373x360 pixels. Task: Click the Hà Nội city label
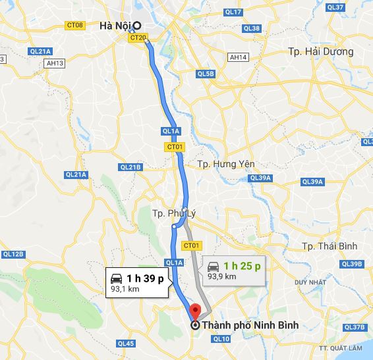tap(114, 26)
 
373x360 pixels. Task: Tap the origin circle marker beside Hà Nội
tap(136, 26)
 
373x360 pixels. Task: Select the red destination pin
tap(194, 310)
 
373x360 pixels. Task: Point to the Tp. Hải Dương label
tap(320, 51)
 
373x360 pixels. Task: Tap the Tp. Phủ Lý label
tap(174, 213)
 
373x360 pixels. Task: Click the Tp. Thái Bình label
tap(329, 246)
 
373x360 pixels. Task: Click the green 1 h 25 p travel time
tap(242, 265)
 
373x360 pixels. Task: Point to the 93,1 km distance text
tap(126, 288)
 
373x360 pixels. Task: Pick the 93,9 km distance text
tap(222, 276)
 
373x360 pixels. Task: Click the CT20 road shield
tap(138, 38)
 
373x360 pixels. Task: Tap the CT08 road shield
tap(75, 25)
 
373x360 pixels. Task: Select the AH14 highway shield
tap(238, 57)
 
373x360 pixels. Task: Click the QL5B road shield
tap(206, 73)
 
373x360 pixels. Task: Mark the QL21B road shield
tap(130, 167)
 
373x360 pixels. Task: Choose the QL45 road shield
tap(125, 344)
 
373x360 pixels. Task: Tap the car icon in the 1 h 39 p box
tap(116, 276)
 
